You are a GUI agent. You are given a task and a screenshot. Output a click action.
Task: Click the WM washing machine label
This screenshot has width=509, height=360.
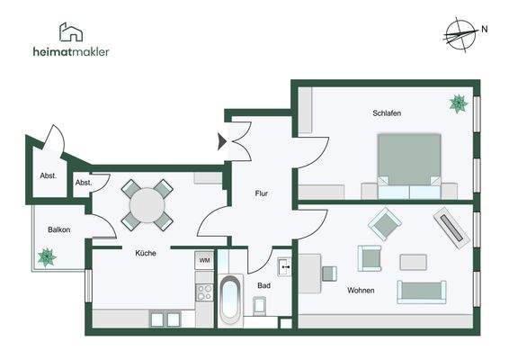click(x=204, y=260)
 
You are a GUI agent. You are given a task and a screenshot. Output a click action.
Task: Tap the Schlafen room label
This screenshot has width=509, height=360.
click(x=387, y=113)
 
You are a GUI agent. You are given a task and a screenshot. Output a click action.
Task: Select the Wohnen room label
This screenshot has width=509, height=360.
click(x=361, y=290)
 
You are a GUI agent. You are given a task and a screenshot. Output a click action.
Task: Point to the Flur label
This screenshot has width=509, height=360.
click(x=262, y=193)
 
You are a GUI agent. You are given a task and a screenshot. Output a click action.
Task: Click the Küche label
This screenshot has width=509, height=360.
click(x=146, y=253)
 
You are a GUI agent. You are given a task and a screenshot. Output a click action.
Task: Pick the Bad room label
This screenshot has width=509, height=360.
click(x=263, y=285)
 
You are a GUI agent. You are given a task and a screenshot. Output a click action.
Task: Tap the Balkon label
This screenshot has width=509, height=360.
click(x=59, y=229)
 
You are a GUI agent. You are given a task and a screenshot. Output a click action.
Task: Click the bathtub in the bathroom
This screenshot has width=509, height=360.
click(x=230, y=300)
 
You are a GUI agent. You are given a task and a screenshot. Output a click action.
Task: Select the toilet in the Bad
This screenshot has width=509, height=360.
click(x=260, y=306)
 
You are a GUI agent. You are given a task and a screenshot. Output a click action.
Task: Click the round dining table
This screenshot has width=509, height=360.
click(x=147, y=205)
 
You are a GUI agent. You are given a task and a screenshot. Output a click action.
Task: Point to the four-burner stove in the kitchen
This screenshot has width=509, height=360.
click(x=204, y=292)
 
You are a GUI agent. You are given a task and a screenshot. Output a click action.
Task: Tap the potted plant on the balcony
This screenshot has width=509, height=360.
click(x=47, y=257)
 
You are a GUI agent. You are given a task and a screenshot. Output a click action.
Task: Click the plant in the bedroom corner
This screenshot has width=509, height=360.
click(x=459, y=104)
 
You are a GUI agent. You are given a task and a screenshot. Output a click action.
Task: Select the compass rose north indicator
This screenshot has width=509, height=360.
click(x=461, y=34)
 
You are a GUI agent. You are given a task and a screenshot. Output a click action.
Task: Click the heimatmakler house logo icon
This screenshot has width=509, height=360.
click(x=71, y=31)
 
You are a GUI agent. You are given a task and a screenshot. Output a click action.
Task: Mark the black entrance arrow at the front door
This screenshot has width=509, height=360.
click(x=222, y=141)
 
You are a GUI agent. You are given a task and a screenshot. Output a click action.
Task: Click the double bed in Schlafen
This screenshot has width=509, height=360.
click(x=409, y=166)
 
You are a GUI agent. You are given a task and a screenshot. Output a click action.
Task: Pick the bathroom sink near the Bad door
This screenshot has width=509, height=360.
click(x=285, y=266)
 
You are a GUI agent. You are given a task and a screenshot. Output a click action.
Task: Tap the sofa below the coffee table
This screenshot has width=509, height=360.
click(x=422, y=292)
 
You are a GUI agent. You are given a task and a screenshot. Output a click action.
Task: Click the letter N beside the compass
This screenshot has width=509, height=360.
click(x=485, y=29)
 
